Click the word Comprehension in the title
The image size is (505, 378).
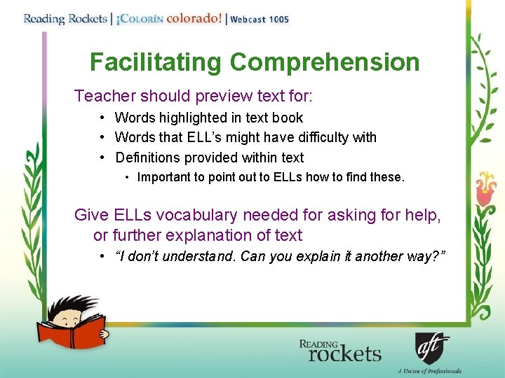pos(324,62)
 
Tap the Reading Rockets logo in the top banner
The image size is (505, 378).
pos(64,18)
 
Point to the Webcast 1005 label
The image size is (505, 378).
pos(260,20)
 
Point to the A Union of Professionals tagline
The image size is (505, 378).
pos(429,371)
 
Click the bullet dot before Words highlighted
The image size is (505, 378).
pos(102,118)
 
